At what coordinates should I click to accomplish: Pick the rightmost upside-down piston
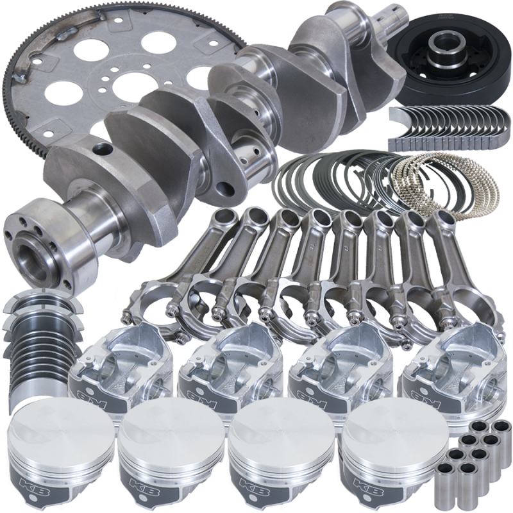(x=449, y=366)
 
